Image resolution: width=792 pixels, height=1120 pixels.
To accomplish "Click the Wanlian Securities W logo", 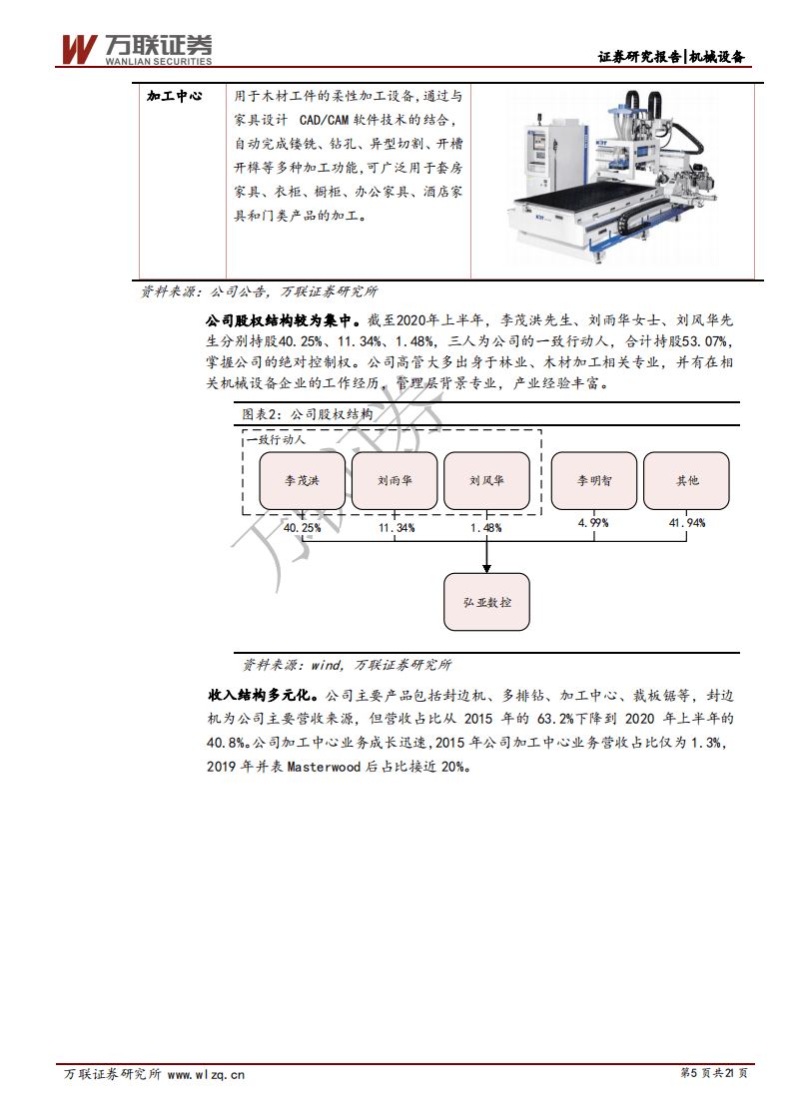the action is click(x=79, y=48).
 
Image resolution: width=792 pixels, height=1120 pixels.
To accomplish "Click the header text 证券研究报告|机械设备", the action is click(x=671, y=57).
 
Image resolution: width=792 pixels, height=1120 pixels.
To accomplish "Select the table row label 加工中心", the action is click(x=174, y=96).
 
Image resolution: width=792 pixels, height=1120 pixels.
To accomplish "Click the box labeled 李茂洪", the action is click(x=302, y=480).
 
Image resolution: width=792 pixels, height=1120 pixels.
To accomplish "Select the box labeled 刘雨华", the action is click(x=395, y=480).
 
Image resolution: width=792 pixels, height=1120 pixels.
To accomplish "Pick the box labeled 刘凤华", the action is click(x=486, y=480).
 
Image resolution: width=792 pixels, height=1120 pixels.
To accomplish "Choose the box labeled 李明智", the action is click(x=594, y=480).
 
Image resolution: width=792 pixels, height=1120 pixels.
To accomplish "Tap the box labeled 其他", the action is click(x=687, y=480).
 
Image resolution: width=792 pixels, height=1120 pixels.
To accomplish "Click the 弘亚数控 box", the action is click(x=486, y=603).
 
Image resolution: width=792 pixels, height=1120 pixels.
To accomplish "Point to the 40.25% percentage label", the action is click(x=302, y=527).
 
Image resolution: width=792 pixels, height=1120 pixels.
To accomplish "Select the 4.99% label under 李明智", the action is click(x=594, y=522).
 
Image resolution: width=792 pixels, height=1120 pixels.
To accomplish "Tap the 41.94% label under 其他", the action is click(x=687, y=522).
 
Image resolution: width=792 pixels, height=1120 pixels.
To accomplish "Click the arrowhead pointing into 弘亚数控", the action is click(x=486, y=568).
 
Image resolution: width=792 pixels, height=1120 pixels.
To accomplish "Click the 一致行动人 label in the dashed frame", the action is click(x=276, y=439).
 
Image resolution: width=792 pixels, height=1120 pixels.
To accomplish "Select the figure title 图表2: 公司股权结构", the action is click(x=308, y=414).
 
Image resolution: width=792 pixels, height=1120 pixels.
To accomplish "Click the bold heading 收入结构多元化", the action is click(x=263, y=694).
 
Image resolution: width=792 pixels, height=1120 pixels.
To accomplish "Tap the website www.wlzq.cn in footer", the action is click(x=206, y=1074).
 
